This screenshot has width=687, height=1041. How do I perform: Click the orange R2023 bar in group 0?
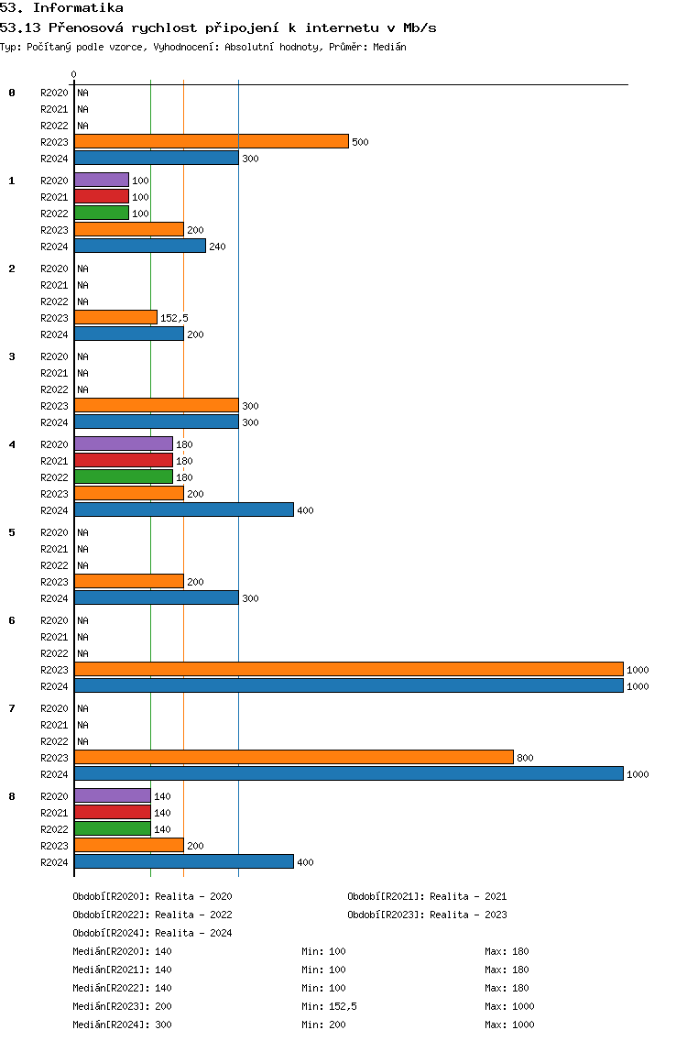[211, 141]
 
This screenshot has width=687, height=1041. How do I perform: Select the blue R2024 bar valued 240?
[140, 246]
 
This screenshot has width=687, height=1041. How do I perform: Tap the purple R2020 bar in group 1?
[102, 180]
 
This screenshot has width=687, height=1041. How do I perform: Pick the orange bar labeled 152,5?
[115, 317]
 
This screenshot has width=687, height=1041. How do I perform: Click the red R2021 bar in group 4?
[124, 460]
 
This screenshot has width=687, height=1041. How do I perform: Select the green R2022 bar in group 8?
[113, 828]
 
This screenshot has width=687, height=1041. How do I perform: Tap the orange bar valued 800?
[294, 757]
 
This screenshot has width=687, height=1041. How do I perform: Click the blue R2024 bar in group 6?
[348, 685]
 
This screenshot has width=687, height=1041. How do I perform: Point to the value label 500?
[360, 142]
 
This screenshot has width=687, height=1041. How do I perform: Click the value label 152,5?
[175, 318]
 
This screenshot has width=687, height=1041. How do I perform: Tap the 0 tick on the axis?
[73, 74]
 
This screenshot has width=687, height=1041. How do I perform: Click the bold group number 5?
[12, 532]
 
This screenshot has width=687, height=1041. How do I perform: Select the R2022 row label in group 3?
[54, 389]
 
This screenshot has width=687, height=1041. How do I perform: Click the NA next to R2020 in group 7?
[83, 708]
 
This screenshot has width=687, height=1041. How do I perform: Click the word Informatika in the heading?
[79, 8]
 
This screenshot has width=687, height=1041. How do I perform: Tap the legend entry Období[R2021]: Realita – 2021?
[427, 896]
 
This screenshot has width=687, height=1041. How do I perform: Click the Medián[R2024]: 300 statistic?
[122, 1025]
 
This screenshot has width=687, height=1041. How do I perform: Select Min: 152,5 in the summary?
[329, 1006]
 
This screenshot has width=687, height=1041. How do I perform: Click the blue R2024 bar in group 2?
[129, 334]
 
